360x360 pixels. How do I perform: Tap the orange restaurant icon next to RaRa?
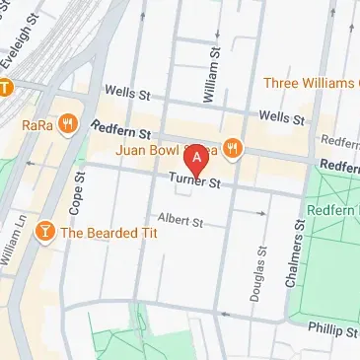[67, 124]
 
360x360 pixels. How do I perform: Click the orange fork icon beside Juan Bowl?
[233, 149]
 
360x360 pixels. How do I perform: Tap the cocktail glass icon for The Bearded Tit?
[44, 233]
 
